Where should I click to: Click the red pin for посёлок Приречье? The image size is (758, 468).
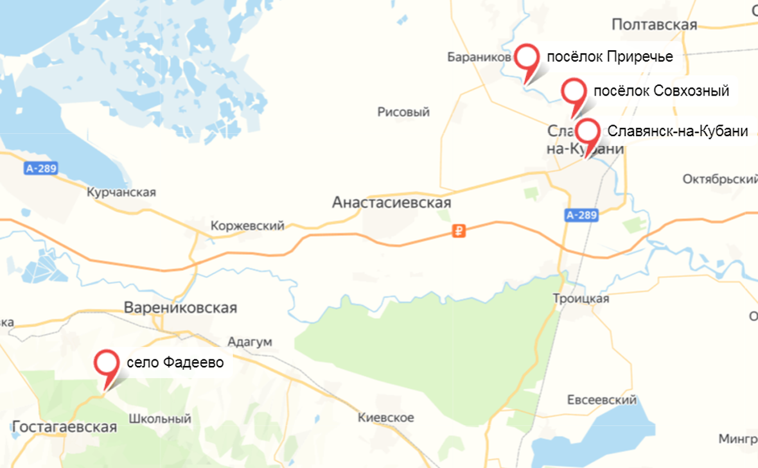tap(527, 58)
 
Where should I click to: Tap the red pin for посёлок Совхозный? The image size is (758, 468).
tap(574, 92)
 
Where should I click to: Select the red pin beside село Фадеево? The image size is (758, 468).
tap(107, 363)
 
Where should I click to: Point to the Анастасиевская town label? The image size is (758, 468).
tap(392, 203)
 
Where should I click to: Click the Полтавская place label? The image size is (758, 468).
tap(654, 24)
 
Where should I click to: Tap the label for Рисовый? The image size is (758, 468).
tap(403, 112)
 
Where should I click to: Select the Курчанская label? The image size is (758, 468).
tap(121, 192)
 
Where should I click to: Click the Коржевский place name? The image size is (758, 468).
tap(247, 226)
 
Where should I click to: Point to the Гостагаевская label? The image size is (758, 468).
tap(64, 427)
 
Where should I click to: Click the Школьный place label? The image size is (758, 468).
tap(160, 419)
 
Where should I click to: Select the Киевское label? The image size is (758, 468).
tap(385, 417)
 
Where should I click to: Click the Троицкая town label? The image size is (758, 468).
tap(581, 299)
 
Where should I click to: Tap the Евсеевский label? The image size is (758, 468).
tap(601, 400)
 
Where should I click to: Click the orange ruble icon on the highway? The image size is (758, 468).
tap(459, 231)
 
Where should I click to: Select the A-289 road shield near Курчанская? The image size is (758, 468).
tap(42, 169)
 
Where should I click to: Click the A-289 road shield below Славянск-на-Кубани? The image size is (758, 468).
tap(583, 216)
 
